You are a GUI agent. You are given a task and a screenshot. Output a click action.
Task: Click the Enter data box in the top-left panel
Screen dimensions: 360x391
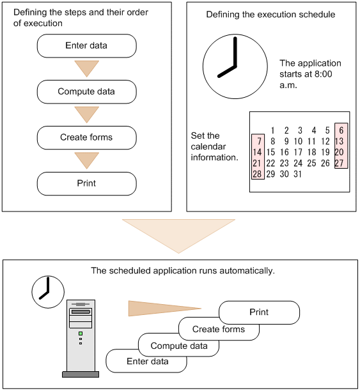click(x=86, y=46)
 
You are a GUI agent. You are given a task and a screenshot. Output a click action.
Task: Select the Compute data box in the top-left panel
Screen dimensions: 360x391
click(x=86, y=92)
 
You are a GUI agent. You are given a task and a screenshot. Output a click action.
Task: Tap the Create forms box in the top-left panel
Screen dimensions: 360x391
click(x=86, y=137)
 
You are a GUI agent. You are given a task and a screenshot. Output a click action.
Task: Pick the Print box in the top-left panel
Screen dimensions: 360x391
click(x=86, y=183)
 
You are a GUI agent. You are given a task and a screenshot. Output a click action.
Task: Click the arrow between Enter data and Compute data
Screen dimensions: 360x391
click(x=86, y=68)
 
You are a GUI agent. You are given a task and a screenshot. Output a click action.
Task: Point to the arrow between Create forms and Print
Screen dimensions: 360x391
click(x=86, y=160)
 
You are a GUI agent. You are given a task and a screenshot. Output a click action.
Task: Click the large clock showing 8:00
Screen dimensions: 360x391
click(x=235, y=66)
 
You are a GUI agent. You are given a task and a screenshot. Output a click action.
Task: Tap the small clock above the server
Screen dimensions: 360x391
click(x=48, y=292)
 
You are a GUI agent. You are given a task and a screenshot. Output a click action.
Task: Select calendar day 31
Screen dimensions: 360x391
click(x=297, y=174)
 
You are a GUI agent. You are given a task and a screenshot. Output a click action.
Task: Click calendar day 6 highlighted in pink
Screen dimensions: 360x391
click(x=341, y=130)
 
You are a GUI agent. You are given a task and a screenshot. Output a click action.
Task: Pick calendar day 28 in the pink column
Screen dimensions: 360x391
click(x=257, y=174)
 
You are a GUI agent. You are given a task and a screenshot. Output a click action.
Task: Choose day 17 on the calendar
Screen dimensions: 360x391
click(x=298, y=152)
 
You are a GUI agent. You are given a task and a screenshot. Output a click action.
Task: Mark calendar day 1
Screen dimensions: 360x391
click(x=272, y=130)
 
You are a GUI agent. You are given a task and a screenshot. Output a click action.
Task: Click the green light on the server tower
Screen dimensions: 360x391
click(x=81, y=333)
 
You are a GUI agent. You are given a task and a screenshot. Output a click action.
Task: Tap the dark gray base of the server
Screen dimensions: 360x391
click(x=81, y=374)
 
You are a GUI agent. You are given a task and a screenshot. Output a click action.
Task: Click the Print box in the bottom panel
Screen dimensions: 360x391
click(x=259, y=312)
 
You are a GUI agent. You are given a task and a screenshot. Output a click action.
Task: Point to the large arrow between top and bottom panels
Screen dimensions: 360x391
click(x=178, y=234)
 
